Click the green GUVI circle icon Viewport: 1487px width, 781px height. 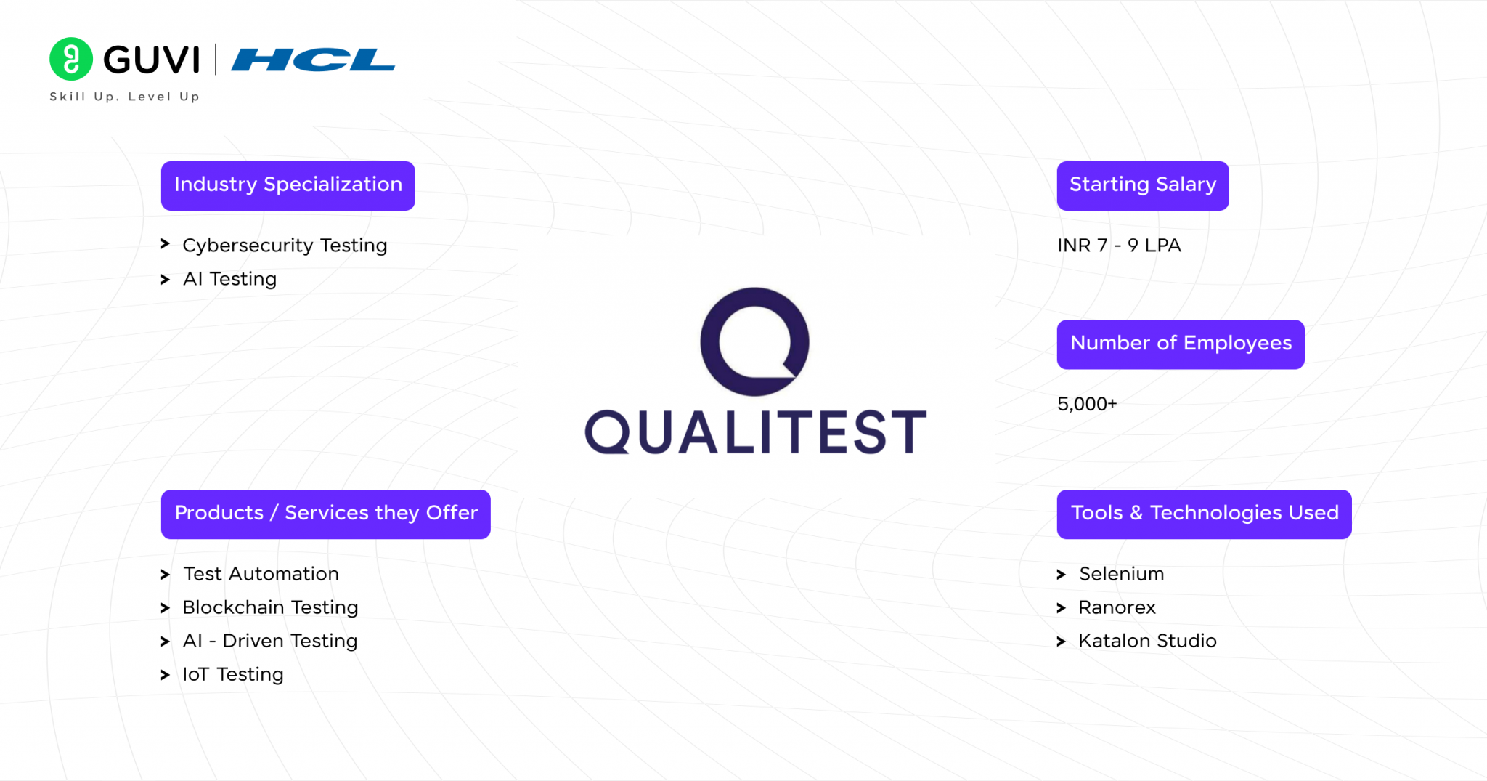click(70, 59)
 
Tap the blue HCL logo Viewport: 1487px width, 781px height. click(313, 60)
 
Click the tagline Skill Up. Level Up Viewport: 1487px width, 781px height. click(124, 97)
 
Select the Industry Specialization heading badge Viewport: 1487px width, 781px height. click(288, 185)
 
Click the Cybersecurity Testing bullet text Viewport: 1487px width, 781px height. click(285, 246)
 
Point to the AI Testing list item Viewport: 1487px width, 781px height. click(229, 279)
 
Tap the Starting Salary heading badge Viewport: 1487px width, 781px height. click(1142, 185)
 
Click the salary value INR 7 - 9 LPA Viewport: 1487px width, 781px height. click(1119, 246)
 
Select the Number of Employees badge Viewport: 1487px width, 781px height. click(1180, 344)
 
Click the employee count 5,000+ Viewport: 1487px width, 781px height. click(1086, 404)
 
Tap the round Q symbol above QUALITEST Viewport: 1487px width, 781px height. click(754, 341)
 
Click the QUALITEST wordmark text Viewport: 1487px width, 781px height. click(755, 432)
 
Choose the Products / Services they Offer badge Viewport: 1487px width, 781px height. click(325, 514)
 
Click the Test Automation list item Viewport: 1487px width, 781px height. click(261, 574)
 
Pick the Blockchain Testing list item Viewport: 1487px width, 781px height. click(270, 607)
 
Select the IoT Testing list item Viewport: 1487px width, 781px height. click(232, 674)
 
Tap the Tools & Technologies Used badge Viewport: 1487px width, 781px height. click(1203, 514)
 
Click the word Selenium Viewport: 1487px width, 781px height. click(1121, 574)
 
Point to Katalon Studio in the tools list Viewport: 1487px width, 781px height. click(1146, 641)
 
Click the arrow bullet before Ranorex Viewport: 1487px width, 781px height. click(1061, 608)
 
